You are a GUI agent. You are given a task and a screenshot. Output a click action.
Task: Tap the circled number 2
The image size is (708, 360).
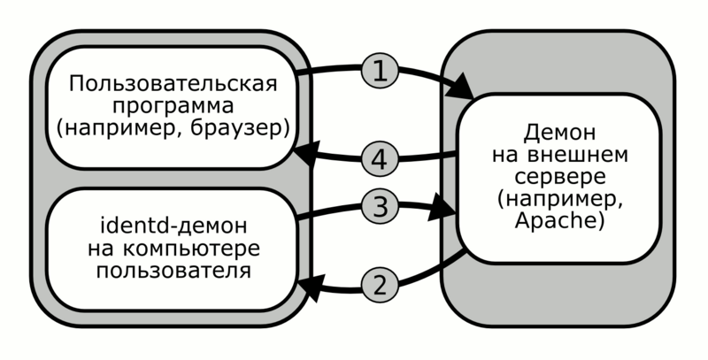pyautogui.click(x=379, y=285)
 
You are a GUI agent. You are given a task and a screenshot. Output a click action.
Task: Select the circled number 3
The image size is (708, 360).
pyautogui.click(x=379, y=208)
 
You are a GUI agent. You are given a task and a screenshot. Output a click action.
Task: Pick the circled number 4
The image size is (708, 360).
pyautogui.click(x=379, y=161)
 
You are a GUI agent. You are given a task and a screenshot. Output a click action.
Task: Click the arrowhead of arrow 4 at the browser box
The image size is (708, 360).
pyautogui.click(x=304, y=155)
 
